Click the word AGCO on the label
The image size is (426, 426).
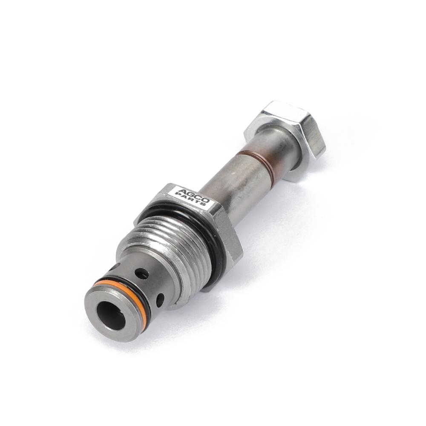(193, 195)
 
